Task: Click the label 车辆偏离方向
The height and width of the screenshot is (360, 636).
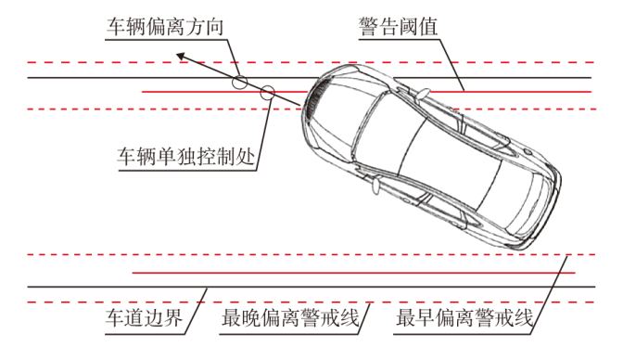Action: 165,27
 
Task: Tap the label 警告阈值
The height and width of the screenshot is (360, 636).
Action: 399,27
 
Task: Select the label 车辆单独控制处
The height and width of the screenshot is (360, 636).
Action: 186,156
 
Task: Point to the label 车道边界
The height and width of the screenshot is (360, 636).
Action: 144,318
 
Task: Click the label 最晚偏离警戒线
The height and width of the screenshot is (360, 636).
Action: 290,318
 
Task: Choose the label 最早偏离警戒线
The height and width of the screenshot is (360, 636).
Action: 464,318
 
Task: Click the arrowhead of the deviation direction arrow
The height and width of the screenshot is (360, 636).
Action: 181,57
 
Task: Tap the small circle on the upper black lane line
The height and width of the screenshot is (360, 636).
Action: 240,82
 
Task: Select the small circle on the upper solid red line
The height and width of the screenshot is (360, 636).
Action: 267,93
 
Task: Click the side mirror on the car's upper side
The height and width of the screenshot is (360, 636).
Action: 423,94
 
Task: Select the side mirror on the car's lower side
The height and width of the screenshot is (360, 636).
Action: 376,185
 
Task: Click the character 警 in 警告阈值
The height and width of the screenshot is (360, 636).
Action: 368,27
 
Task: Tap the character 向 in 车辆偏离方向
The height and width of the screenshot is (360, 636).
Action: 214,27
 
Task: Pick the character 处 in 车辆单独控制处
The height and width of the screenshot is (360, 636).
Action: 246,156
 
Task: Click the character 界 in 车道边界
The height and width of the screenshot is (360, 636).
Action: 173,318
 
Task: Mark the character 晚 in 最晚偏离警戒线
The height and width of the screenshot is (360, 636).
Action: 251,318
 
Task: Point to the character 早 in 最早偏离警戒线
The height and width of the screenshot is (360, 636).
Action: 425,318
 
